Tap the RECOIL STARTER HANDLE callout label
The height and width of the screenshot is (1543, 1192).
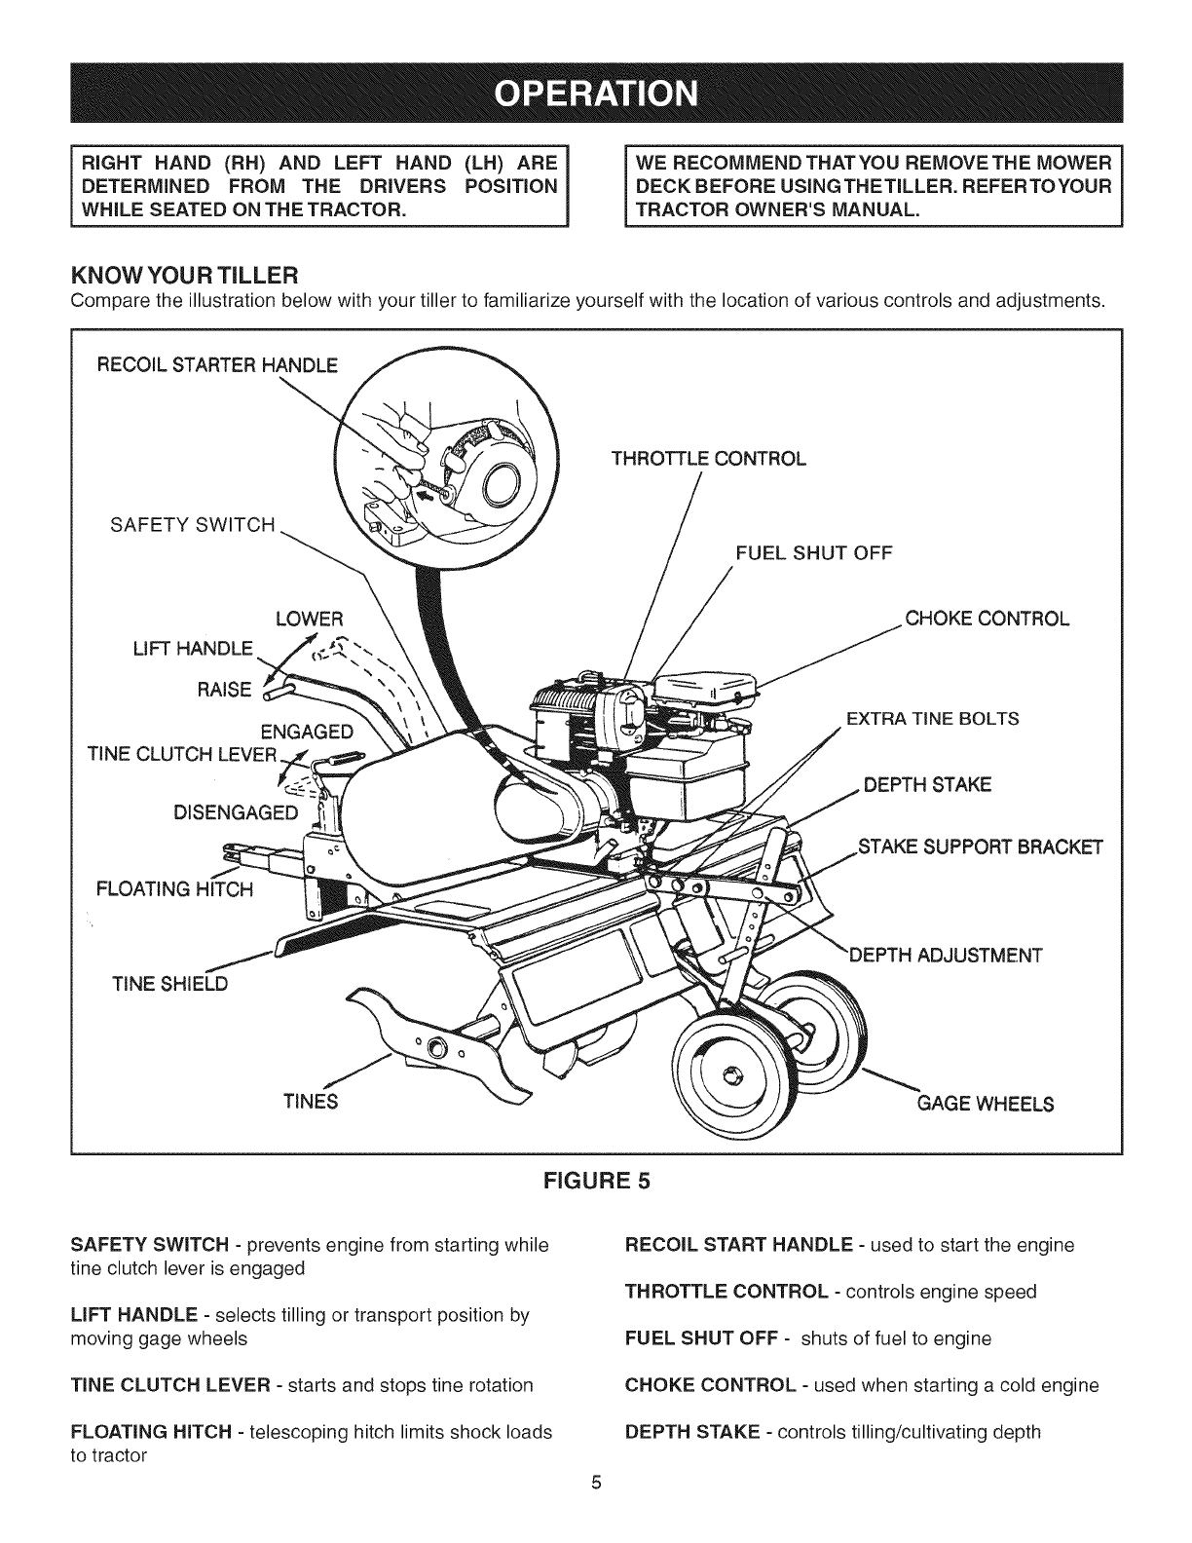216,365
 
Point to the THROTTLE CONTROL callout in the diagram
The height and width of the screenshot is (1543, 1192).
708,459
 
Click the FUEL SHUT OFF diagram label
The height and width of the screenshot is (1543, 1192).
813,553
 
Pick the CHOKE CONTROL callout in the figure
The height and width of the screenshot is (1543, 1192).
987,619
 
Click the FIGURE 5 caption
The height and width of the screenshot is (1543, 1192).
596,1181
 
